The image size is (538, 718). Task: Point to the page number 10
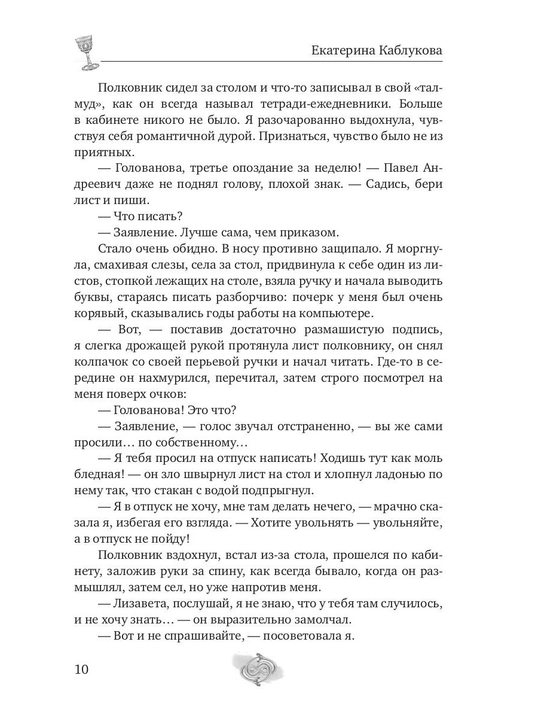tap(78, 668)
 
